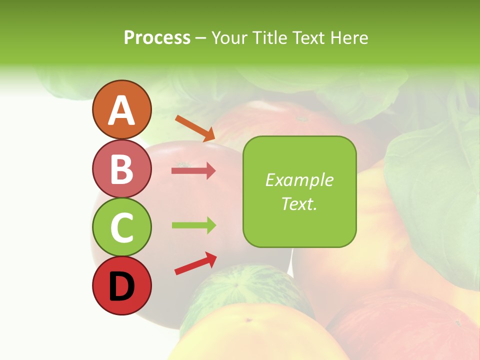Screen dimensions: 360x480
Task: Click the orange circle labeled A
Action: [x=121, y=109]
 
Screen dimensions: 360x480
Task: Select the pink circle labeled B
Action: [x=121, y=168]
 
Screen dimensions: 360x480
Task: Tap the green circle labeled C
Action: [x=121, y=227]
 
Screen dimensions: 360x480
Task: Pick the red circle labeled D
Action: [x=121, y=286]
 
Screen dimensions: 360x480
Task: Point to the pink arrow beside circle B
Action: [x=193, y=171]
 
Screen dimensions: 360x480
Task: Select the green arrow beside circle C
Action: [x=193, y=225]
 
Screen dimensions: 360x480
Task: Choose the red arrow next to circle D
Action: [x=195, y=263]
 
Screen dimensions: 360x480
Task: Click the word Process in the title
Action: [x=157, y=37]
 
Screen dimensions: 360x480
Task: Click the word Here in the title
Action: [x=348, y=37]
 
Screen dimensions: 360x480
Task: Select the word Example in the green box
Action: [x=299, y=180]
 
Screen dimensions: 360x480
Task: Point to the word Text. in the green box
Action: [x=299, y=203]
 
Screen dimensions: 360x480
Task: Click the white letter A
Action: [x=121, y=110]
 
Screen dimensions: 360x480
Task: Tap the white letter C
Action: [x=121, y=227]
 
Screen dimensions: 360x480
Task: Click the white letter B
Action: [x=121, y=169]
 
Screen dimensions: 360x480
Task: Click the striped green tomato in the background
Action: [x=245, y=287]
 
